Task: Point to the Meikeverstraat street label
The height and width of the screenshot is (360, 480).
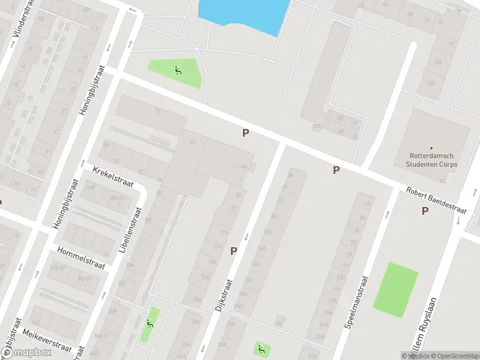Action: (x=46, y=340)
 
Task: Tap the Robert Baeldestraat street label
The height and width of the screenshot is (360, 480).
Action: (x=436, y=201)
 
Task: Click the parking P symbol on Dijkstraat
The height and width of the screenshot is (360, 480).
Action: (x=233, y=251)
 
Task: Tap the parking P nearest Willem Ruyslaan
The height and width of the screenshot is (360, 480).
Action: (x=425, y=211)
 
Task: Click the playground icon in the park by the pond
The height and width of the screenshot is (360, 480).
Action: (x=178, y=70)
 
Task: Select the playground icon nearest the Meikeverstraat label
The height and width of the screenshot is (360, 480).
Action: (x=149, y=323)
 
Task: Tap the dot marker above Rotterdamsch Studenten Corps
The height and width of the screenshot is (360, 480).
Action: (x=431, y=148)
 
